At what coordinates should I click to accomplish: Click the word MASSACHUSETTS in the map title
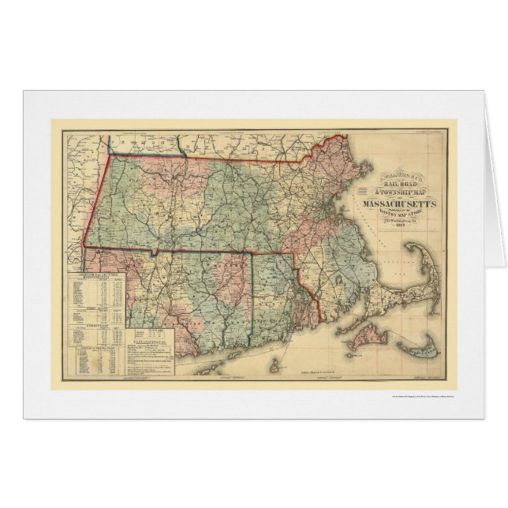(391, 207)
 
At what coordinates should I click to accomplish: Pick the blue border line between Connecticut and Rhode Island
(252, 300)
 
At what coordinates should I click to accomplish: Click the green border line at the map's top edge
(181, 145)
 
